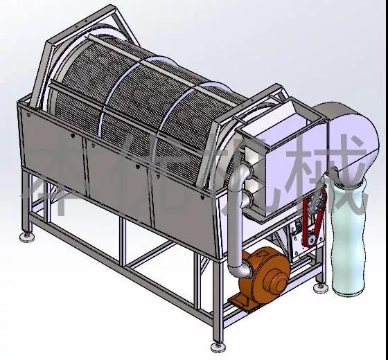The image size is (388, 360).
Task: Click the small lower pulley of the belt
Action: click(x=310, y=240)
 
